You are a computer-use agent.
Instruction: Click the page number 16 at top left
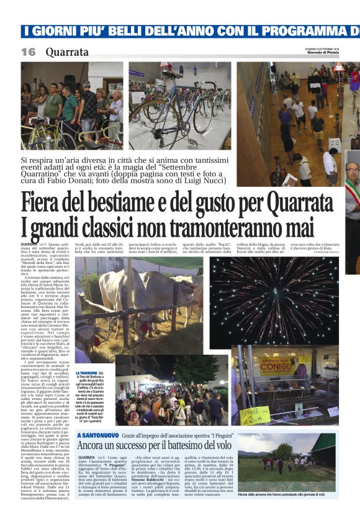[x=29, y=52]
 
